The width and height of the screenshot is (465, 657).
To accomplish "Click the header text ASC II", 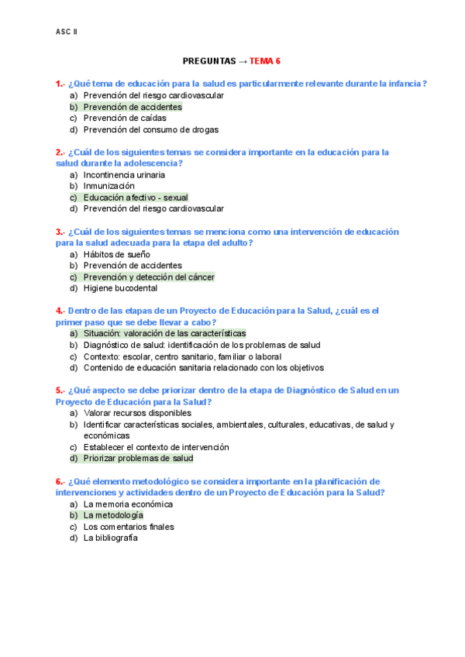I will [x=67, y=32].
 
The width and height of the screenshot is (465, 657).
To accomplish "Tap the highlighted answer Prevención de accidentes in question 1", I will [x=133, y=107].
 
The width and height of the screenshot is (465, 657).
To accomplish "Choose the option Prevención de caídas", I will [x=122, y=119].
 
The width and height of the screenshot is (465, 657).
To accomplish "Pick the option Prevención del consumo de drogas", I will [x=151, y=130].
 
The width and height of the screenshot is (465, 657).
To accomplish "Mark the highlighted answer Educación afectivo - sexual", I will [x=136, y=198].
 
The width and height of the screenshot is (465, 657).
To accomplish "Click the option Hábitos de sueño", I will [x=116, y=254].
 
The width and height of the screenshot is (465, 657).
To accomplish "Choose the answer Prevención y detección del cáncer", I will [x=149, y=277].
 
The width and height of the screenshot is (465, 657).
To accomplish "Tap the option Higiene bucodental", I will [x=120, y=288].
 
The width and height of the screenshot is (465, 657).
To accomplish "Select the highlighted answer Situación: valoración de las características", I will [x=164, y=333].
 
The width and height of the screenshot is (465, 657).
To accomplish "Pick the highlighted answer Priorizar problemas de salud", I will [x=138, y=458].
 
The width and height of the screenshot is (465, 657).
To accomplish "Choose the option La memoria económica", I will [x=128, y=504].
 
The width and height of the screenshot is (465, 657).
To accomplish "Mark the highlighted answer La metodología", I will [x=113, y=514].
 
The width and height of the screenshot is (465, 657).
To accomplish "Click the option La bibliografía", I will [x=110, y=538].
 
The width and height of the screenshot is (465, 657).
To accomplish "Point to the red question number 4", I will [x=60, y=311].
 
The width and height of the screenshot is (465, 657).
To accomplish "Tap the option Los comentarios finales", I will [x=128, y=527].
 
